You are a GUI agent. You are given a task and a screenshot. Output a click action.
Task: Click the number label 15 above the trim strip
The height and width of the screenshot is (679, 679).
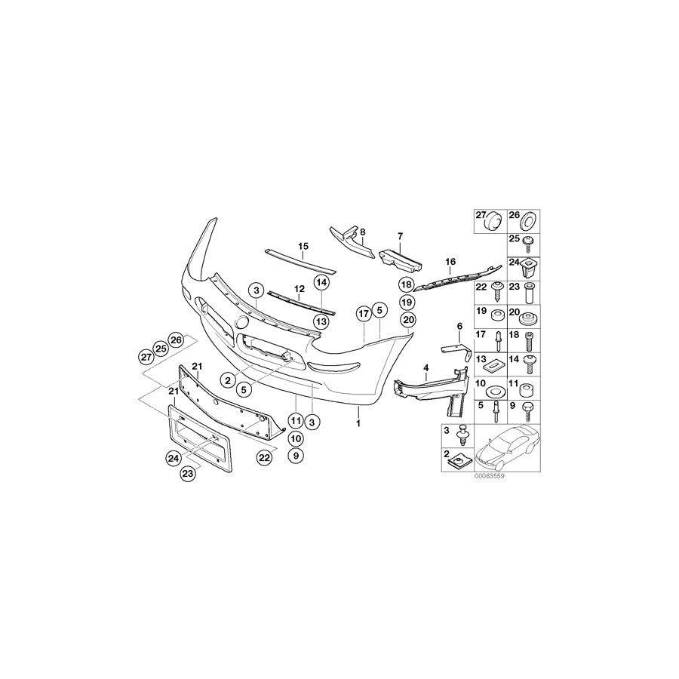(303, 247)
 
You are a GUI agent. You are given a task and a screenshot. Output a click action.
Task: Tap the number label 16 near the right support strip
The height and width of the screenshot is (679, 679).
(450, 262)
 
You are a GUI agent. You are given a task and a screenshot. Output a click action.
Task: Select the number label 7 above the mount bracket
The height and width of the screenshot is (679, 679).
(400, 237)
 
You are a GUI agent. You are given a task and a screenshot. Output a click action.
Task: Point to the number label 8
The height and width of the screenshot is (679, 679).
(362, 232)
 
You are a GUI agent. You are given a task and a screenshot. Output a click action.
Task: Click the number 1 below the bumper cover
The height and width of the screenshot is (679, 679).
(359, 424)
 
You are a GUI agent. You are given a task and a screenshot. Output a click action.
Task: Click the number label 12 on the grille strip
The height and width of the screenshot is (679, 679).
(300, 288)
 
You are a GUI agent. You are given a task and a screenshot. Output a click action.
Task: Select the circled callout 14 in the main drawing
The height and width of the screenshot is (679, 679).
(321, 283)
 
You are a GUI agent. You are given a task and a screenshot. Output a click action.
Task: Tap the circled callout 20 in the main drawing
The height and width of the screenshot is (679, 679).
(408, 320)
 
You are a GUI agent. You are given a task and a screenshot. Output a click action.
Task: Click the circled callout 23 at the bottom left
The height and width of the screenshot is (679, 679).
(186, 474)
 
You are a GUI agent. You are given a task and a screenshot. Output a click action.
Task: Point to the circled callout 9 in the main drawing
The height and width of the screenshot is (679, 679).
(295, 456)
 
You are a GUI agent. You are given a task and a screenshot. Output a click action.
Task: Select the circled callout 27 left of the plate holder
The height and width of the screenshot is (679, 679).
(146, 356)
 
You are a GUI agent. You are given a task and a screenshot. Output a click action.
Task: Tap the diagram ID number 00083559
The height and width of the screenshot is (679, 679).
(488, 477)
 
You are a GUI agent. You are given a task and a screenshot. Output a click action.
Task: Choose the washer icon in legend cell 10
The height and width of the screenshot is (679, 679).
(495, 393)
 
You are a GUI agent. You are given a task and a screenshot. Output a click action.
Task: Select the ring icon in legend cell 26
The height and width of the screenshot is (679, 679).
(525, 220)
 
